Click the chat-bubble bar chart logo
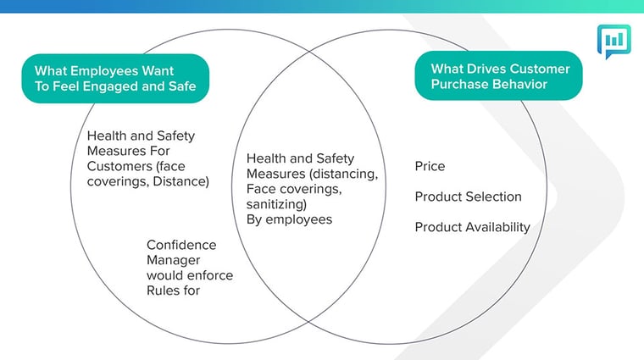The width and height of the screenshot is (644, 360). (x=614, y=41)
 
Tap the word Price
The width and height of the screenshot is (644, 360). (x=430, y=166)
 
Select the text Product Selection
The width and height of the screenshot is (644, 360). (x=469, y=197)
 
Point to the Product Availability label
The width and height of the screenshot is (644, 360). (x=472, y=227)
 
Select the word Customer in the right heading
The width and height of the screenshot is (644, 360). (x=538, y=69)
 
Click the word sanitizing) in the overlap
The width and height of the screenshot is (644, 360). (x=276, y=204)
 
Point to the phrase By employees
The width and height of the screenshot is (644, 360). (x=289, y=219)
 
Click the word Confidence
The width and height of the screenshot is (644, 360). (x=181, y=245)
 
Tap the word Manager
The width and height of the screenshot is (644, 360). (x=174, y=260)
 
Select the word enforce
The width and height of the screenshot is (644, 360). (x=208, y=275)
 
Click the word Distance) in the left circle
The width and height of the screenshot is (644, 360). (x=180, y=181)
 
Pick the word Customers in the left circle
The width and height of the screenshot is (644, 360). (x=119, y=166)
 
